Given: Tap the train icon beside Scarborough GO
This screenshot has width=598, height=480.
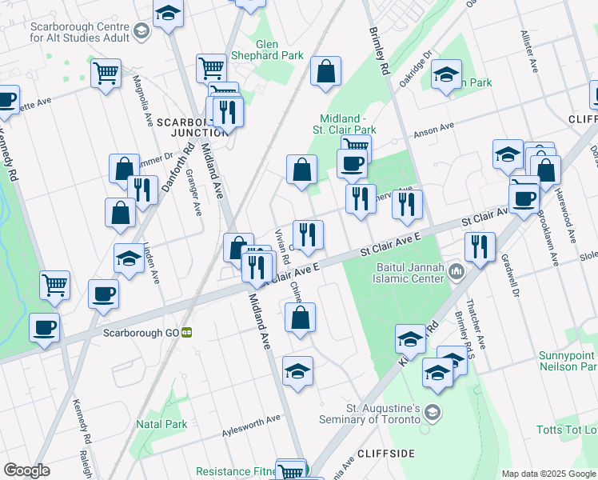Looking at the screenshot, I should (186, 332).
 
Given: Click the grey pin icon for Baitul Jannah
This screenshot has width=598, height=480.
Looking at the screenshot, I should (457, 273).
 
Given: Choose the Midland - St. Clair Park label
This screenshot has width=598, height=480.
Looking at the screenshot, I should (348, 123).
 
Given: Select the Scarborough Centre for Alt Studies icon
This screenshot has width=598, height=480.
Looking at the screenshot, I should (142, 31).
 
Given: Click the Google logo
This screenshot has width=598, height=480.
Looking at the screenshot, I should (26, 470).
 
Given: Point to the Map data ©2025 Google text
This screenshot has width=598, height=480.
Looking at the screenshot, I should (548, 474).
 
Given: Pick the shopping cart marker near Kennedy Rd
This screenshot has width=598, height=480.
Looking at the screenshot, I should (54, 285).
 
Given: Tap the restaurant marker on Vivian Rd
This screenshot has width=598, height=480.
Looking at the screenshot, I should (308, 235).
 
